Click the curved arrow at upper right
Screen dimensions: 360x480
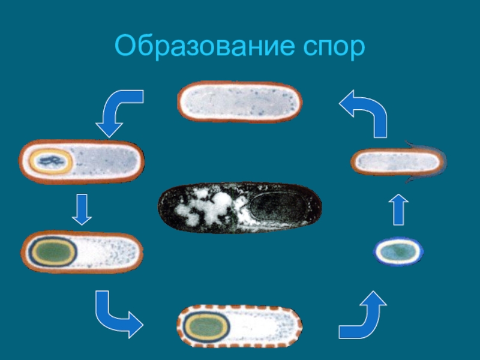point(364,111)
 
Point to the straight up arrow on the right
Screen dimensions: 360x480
point(398,210)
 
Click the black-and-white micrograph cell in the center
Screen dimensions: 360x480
point(239,207)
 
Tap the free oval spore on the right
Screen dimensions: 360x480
point(399,251)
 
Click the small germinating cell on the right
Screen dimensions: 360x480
point(397,162)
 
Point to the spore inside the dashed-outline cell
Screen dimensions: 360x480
point(206,326)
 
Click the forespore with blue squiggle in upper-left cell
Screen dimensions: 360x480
point(51,161)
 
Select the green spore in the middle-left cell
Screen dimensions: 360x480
point(53,251)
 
